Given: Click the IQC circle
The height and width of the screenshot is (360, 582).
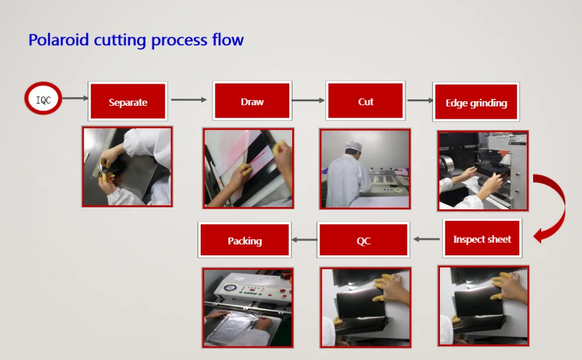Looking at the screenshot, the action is (x=43, y=98).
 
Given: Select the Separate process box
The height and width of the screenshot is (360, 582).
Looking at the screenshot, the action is (x=127, y=101).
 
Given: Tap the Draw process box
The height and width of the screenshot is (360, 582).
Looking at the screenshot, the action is (x=252, y=101).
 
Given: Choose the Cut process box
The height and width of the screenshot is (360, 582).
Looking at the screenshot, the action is (x=365, y=101).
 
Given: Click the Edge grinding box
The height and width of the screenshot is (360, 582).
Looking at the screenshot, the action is (x=476, y=102).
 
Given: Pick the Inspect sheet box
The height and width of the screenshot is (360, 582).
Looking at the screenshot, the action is (x=482, y=238).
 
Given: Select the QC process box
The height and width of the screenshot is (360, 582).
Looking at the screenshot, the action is (x=363, y=240).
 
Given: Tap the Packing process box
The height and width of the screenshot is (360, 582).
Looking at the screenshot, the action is (x=244, y=240).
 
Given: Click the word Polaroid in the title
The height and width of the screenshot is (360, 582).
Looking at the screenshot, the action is (x=59, y=40).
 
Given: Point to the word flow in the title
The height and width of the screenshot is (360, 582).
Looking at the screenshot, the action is (x=228, y=40).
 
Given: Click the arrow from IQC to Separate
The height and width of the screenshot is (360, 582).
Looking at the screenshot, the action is (x=75, y=98).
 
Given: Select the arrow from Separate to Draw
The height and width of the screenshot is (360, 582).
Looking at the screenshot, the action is (x=189, y=99).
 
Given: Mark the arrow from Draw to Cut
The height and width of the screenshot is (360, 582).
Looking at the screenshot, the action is (x=308, y=100).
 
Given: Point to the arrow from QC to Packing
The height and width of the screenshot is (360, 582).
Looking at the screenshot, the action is (x=304, y=240).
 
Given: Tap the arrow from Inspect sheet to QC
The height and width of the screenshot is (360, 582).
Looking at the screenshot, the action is (x=427, y=239).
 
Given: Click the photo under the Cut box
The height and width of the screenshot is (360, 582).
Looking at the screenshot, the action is (x=365, y=169).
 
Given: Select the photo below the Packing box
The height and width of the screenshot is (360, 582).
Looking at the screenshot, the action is (x=247, y=308).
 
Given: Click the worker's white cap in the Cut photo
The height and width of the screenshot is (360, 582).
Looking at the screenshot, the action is (x=353, y=145).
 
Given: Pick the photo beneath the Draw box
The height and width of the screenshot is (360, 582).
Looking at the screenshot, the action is (x=249, y=168).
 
